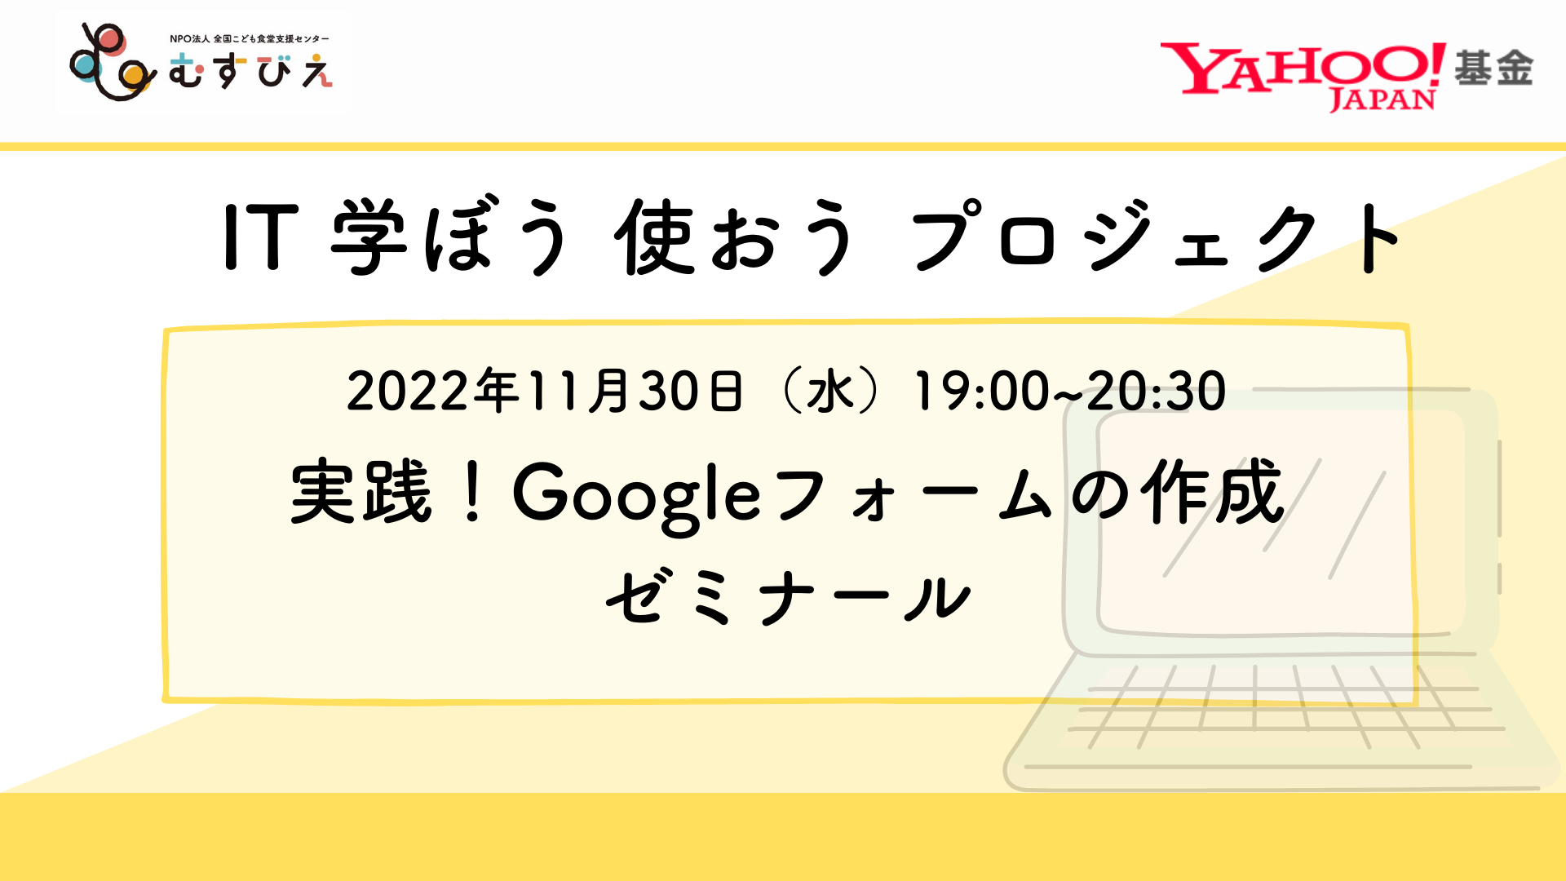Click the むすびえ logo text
250,71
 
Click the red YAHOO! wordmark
1303,68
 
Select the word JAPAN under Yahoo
1382,100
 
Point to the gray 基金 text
1493,68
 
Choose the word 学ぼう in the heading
449,237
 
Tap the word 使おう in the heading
736,237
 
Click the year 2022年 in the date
434,390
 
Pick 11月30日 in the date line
636,390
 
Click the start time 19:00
981,390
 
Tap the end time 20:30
1157,390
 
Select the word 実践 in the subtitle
361,491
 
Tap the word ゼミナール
788,597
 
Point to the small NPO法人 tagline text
250,39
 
